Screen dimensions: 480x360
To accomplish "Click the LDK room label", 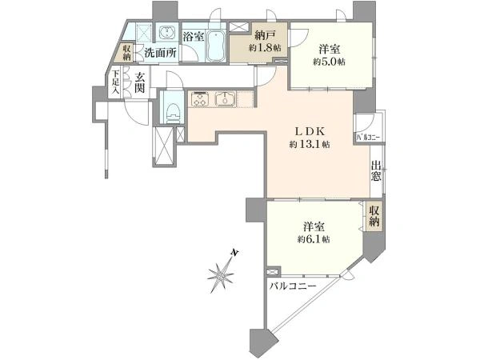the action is click(x=309, y=131).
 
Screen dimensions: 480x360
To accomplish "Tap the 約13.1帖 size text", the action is click(x=310, y=145).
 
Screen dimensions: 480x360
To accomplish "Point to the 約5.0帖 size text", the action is click(x=329, y=62).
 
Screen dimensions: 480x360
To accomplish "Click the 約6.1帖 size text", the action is click(x=314, y=239).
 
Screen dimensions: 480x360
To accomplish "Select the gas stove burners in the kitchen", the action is click(x=200, y=99).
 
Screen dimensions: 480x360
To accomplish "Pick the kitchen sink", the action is click(x=225, y=99).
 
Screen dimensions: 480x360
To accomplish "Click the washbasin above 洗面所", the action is click(x=167, y=32).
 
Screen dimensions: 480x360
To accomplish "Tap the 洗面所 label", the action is click(x=161, y=53).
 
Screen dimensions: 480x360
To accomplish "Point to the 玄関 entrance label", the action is click(x=139, y=83).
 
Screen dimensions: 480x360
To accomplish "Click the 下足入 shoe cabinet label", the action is click(x=115, y=82).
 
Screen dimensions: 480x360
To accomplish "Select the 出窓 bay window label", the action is click(x=376, y=171).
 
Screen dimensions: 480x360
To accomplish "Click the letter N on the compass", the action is click(x=234, y=253).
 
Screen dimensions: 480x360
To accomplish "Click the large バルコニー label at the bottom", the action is click(x=293, y=287).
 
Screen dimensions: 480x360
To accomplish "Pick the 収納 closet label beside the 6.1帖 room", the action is click(x=374, y=216).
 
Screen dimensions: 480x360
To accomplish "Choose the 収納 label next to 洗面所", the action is click(x=127, y=53).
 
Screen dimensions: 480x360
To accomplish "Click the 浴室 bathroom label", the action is click(x=194, y=37).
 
